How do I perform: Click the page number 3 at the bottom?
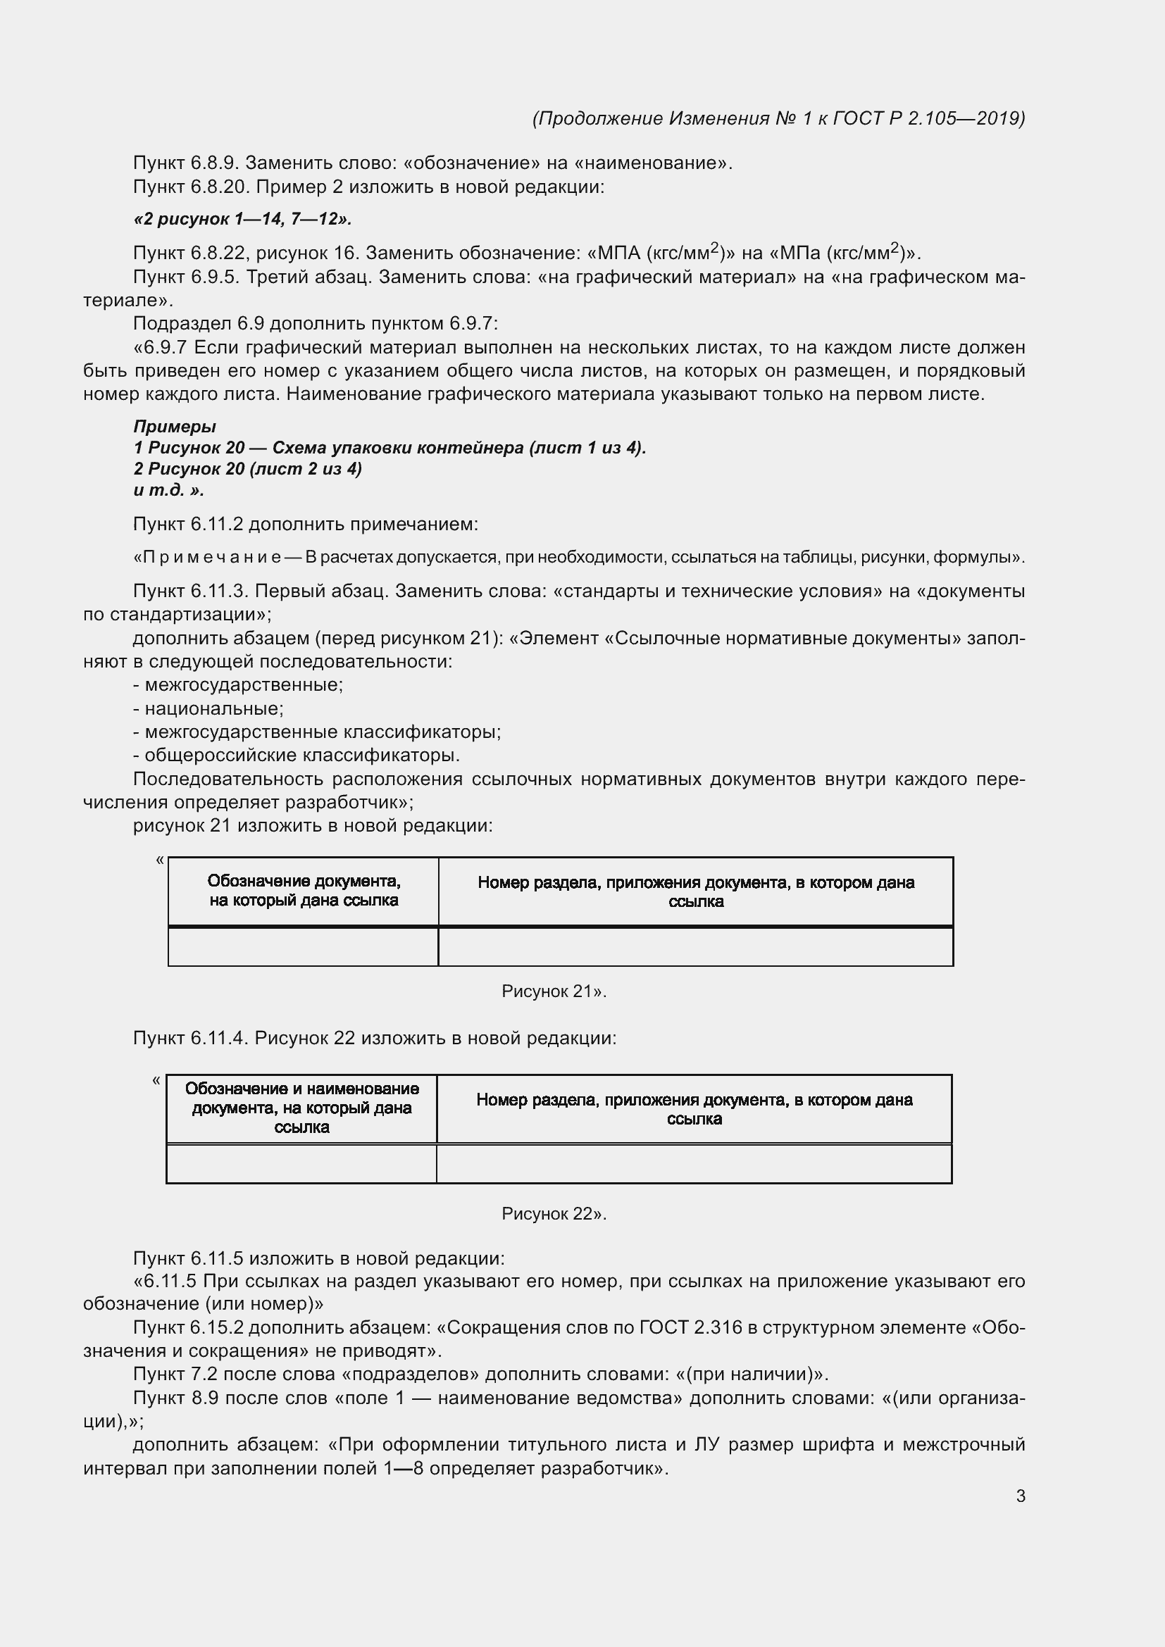pyautogui.click(x=1020, y=1496)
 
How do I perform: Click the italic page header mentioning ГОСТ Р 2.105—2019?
pyautogui.click(x=778, y=118)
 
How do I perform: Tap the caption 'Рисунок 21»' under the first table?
pyautogui.click(x=554, y=991)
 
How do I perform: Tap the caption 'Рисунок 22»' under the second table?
pyautogui.click(x=554, y=1214)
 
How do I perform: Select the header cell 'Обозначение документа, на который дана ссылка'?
pyautogui.click(x=304, y=891)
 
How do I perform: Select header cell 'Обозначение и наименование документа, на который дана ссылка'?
pyautogui.click(x=301, y=1108)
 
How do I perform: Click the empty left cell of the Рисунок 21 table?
pyautogui.click(x=304, y=947)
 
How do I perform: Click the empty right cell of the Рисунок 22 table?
pyautogui.click(x=694, y=1163)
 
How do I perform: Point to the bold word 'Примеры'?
pyautogui.click(x=174, y=427)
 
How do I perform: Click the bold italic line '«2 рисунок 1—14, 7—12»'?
pyautogui.click(x=242, y=219)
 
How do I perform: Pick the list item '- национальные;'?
pyautogui.click(x=208, y=709)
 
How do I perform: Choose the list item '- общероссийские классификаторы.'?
pyautogui.click(x=297, y=756)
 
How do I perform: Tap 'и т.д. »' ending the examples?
pyautogui.click(x=168, y=491)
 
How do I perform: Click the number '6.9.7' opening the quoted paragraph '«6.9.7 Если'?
pyautogui.click(x=166, y=348)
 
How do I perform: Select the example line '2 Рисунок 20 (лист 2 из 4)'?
pyautogui.click(x=247, y=469)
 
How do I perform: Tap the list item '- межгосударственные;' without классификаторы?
pyautogui.click(x=238, y=685)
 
